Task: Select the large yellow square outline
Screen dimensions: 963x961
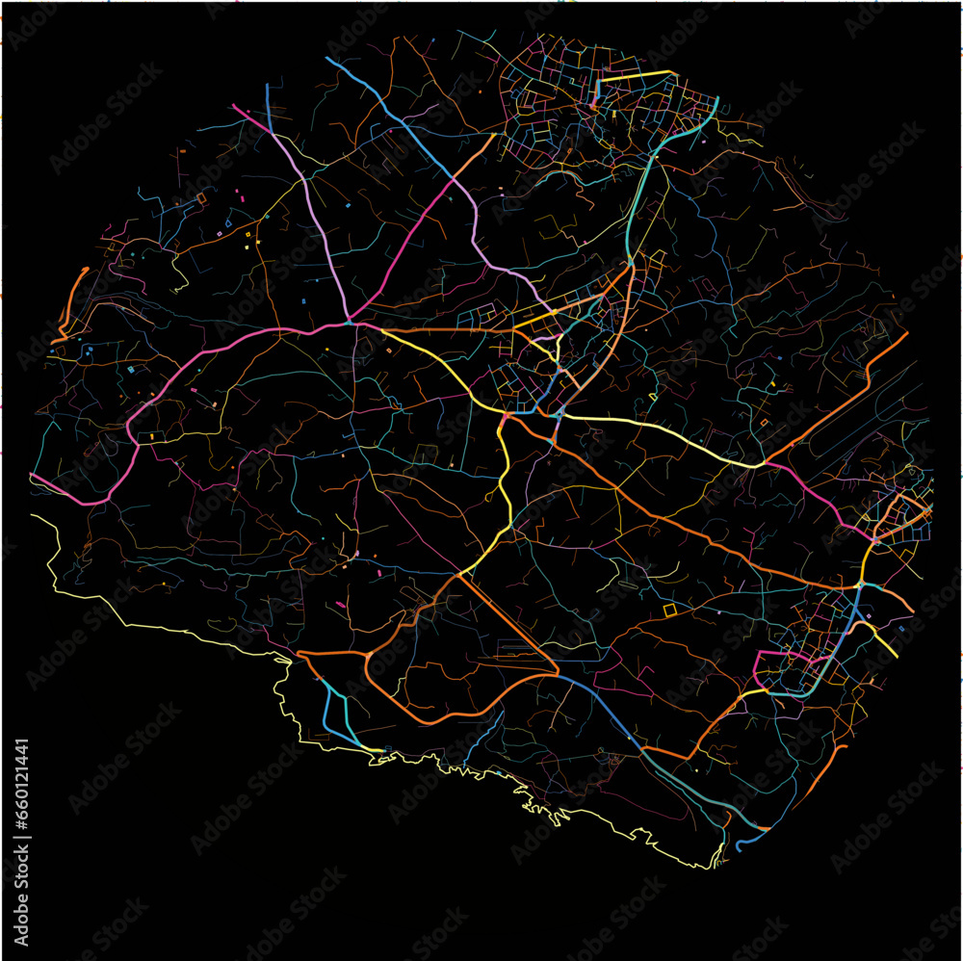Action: pos(670,610)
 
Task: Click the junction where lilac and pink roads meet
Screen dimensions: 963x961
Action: pos(349,320)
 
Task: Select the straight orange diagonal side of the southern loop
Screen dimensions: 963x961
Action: pos(510,621)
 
